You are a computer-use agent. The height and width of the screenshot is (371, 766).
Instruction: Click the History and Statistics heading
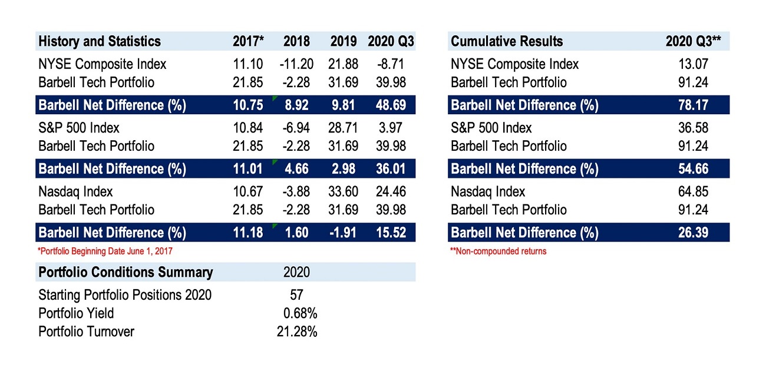tap(99, 41)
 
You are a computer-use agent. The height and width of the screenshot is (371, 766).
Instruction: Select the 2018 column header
tap(296, 41)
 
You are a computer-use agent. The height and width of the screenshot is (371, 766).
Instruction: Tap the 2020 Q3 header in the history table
tap(391, 41)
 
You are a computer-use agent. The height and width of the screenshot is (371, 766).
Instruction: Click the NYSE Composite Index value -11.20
tap(296, 64)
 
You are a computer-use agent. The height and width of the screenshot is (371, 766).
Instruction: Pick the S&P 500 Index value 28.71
tap(343, 128)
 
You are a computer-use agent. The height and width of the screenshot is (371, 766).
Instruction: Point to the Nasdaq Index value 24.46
tap(391, 191)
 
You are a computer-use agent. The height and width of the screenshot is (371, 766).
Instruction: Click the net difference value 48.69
tap(391, 105)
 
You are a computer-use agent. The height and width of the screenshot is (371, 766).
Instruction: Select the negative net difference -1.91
tap(343, 233)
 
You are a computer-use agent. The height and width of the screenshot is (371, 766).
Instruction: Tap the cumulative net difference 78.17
tap(694, 105)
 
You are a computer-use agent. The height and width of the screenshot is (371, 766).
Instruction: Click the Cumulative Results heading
tap(507, 41)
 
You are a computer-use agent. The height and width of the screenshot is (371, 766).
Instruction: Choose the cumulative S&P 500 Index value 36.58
tap(694, 128)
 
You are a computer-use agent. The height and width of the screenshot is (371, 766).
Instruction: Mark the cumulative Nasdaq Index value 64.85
tap(694, 191)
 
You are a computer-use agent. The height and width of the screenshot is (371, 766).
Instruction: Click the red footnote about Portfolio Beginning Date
tap(105, 251)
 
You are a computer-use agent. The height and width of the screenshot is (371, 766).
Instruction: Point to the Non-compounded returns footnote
tap(498, 251)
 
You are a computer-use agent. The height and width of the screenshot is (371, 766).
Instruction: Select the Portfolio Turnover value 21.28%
tap(296, 332)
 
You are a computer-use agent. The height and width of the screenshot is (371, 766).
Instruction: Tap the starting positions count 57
tap(296, 294)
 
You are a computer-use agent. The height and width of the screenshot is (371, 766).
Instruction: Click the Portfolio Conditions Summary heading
tap(125, 272)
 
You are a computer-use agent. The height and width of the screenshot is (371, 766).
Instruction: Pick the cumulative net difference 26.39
tap(694, 233)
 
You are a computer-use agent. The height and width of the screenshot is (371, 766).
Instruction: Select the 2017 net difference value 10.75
tap(248, 105)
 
